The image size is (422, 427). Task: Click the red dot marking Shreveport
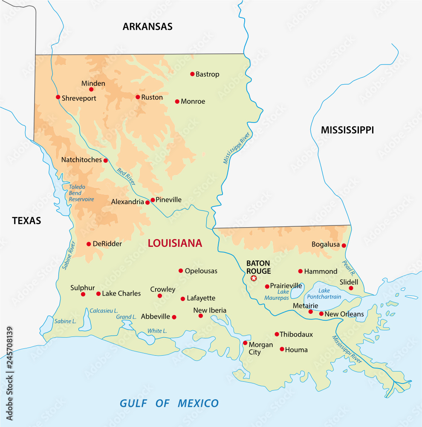tap(58, 97)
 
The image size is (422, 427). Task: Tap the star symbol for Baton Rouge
tap(254, 278)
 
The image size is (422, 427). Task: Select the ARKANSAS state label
tap(147, 26)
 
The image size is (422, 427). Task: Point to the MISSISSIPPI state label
tap(347, 130)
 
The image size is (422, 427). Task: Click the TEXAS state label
tap(26, 221)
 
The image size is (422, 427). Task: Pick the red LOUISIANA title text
tap(175, 243)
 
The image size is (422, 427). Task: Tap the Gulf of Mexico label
tap(169, 403)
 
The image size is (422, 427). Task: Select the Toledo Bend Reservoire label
tap(81, 193)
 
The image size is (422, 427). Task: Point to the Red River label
tap(126, 176)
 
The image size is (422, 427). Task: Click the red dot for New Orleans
tap(321, 314)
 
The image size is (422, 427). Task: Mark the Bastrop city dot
tap(192, 74)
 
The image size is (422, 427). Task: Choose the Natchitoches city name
tap(81, 160)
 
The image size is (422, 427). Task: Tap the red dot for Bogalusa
tap(344, 245)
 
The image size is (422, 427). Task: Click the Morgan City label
tap(260, 348)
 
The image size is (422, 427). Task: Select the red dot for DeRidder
tap(89, 244)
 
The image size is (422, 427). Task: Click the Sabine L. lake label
tap(65, 321)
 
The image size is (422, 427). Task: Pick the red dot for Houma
tap(282, 349)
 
